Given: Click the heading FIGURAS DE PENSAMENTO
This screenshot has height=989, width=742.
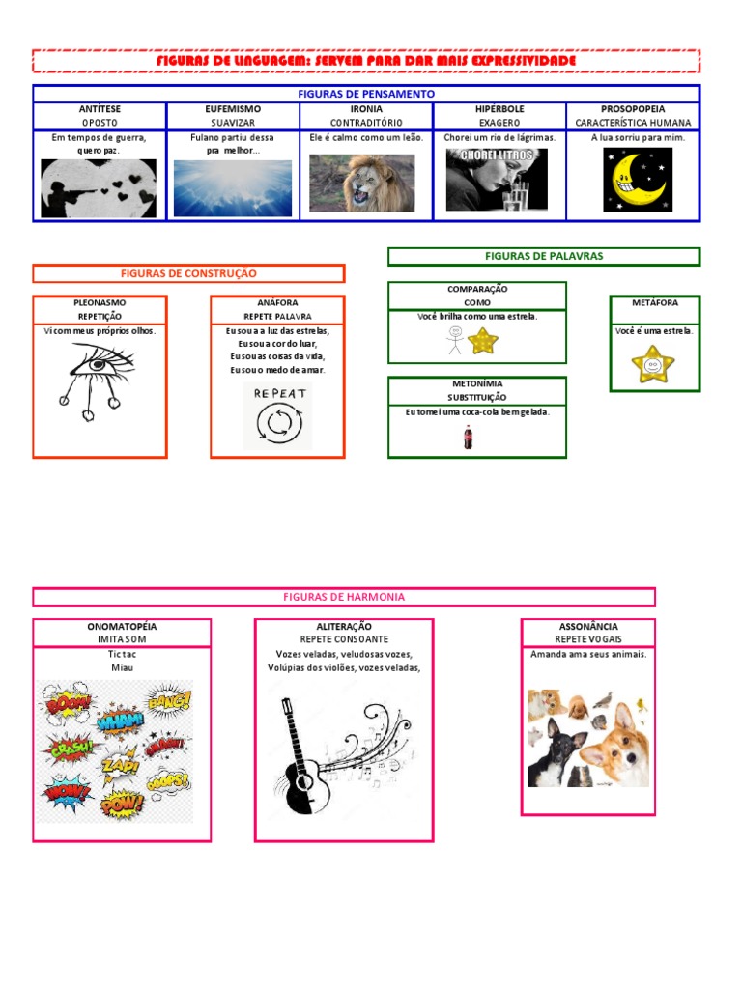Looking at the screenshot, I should pos(366,94).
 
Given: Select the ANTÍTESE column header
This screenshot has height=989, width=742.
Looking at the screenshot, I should pos(100,109).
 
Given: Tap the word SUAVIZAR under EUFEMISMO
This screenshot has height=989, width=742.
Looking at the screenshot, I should pos(233,123).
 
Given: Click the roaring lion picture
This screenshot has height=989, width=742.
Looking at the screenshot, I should pos(362,183).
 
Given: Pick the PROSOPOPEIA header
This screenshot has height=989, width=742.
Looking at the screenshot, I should pos(633,109).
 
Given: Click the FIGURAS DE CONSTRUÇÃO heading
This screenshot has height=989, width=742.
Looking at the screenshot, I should pos(188,273).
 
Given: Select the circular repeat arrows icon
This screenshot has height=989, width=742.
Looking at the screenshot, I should pos(278,423).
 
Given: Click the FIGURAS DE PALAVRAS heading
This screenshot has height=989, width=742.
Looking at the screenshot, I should pos(543,256).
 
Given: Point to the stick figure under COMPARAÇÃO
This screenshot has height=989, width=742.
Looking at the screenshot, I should pos(454,340).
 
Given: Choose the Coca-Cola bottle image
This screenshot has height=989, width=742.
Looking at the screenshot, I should pos(469,438).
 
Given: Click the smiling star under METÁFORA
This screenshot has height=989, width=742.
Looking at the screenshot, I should pos(653,365).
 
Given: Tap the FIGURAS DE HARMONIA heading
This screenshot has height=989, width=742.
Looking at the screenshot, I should pos(344,597).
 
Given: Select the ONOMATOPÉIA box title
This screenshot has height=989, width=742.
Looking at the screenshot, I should pos(122,626).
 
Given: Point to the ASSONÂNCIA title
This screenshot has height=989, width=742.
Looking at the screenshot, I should pos(588,626).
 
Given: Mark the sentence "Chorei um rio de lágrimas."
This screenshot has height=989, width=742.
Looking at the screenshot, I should pos(499,137).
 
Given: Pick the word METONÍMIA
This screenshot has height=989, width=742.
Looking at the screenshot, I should pos(475,383).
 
